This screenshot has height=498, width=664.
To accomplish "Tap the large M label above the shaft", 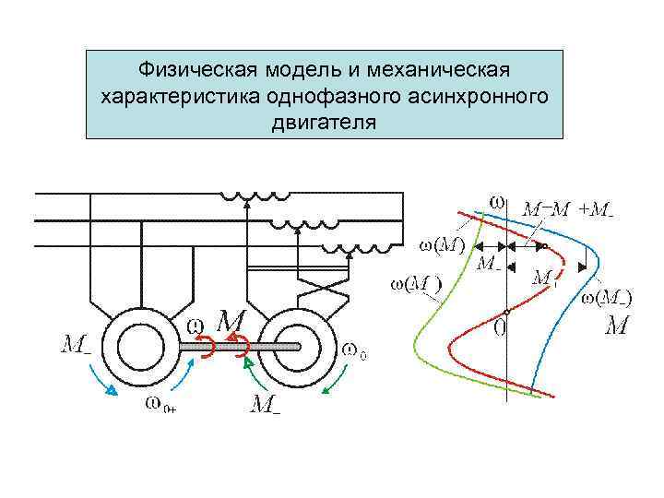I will pos(230,322).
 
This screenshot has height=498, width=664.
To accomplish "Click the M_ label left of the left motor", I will pos(76,345).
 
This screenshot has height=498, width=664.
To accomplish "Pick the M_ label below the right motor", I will pos(265,403).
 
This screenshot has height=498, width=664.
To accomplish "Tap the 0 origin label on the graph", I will pos(498,326).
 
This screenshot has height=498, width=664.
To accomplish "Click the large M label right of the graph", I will pos(618,326).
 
